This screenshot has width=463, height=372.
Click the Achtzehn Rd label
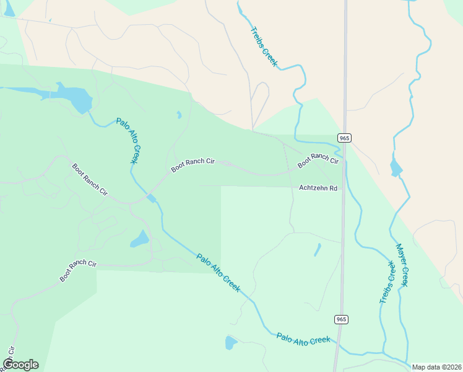(318, 188)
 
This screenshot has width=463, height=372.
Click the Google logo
(20, 364)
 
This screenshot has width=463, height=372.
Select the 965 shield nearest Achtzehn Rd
(345, 137)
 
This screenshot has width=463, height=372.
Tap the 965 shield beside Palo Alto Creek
(342, 319)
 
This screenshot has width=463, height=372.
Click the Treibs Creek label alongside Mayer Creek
(387, 282)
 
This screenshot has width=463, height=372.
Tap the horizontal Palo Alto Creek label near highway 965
(303, 339)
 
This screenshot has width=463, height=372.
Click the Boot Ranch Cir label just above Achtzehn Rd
(318, 161)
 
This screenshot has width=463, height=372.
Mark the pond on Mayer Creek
(396, 167)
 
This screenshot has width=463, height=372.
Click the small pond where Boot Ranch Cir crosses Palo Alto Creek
(152, 198)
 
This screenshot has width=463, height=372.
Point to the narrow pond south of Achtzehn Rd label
(318, 249)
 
